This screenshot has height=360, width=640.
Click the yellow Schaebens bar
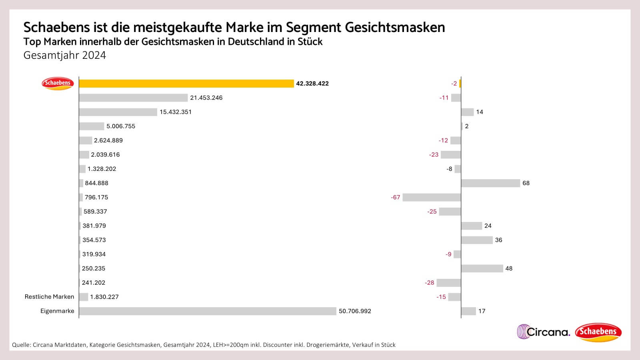186,84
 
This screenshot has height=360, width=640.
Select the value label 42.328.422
312,84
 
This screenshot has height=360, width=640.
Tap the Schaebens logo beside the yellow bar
58,83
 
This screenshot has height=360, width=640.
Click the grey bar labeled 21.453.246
133,98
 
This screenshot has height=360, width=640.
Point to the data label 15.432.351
175,112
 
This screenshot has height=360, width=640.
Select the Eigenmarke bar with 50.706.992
207,311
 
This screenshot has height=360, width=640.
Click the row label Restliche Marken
49,297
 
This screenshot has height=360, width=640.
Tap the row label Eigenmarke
57,311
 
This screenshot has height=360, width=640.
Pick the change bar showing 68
490,183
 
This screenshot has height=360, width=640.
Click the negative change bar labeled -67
432,197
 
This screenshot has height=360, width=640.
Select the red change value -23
434,155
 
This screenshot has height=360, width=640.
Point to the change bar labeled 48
482,268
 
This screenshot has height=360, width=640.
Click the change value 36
498,240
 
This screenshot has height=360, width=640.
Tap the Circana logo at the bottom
543,332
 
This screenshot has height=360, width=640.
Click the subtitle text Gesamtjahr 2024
64,55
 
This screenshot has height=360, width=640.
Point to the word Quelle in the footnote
21,345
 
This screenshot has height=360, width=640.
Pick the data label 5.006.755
120,126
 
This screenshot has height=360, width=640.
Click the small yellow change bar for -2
460,84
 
